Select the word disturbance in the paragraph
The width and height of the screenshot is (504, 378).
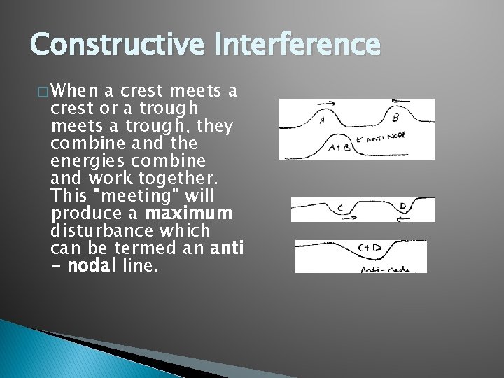(x=106, y=230)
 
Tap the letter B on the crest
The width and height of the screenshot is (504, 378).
(x=395, y=118)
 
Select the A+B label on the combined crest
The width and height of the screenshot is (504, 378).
(x=339, y=148)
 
